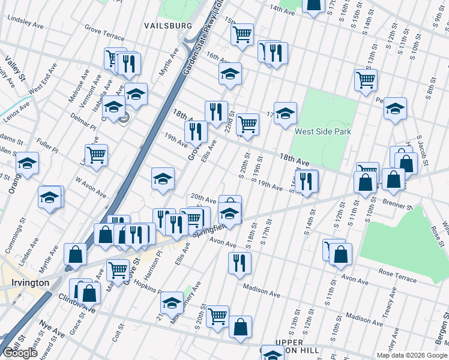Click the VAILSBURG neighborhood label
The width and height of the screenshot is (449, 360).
[x=168, y=26]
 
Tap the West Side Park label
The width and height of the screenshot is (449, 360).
[x=321, y=131]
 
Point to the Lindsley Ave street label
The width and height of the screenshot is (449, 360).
[x=26, y=20]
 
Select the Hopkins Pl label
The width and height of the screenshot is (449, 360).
[x=146, y=286]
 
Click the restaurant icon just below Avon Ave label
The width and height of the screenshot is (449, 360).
[x=240, y=262]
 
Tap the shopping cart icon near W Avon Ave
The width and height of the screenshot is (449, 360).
[x=96, y=154]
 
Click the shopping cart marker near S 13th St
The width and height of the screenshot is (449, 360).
[x=366, y=79]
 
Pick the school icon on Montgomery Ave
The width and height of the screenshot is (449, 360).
[x=172, y=303]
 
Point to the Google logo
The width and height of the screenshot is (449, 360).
[x=20, y=353]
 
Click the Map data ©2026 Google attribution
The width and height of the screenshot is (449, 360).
[x=411, y=355]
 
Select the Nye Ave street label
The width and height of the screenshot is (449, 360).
[x=53, y=331]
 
